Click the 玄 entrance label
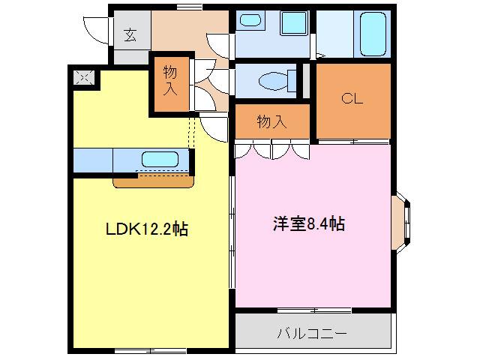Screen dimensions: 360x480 click(130, 34)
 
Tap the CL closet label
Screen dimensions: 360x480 click(352, 98)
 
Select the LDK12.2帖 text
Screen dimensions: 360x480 click(147, 230)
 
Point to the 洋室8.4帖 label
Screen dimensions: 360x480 click(308, 223)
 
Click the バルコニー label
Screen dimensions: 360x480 click(313, 332)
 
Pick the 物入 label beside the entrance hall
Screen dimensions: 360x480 click(171, 80)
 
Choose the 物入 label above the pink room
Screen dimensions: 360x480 click(271, 121)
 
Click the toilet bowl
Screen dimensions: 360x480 click(270, 80)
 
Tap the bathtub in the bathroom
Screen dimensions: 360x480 click(371, 34)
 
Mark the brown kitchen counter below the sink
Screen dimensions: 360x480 click(154, 181)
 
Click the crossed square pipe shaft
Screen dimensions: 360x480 click(83, 76)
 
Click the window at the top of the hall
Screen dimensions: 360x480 click(189, 7)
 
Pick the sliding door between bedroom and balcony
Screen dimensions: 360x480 click(313, 309)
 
